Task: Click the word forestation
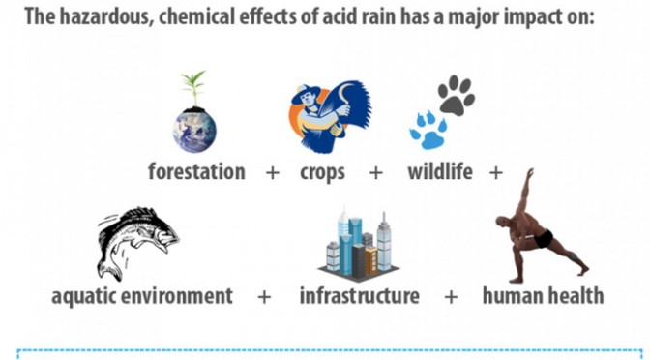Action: (x=196, y=171)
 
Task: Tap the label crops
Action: (x=322, y=173)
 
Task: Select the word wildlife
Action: (x=440, y=171)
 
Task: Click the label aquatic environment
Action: (x=142, y=296)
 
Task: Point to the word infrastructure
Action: (x=360, y=296)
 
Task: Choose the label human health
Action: (x=543, y=296)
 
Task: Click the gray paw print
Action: (x=457, y=95)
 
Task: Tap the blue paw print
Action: (x=428, y=131)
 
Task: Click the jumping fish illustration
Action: (x=137, y=243)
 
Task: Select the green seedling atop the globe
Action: (x=194, y=88)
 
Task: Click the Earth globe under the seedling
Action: (x=194, y=131)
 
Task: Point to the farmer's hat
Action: (x=306, y=95)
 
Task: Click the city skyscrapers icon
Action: (x=359, y=244)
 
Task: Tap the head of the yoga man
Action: (x=502, y=222)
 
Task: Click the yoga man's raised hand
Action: (x=530, y=172)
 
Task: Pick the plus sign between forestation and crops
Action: (x=273, y=172)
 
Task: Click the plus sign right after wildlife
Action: (x=496, y=172)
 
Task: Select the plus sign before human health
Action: (x=451, y=296)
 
